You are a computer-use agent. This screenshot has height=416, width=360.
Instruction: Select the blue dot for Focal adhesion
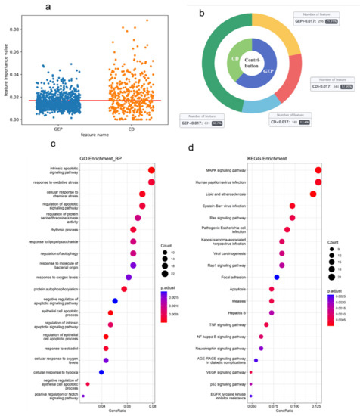(x=277, y=278)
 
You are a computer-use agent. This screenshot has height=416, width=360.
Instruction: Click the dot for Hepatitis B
(x=272, y=312)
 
